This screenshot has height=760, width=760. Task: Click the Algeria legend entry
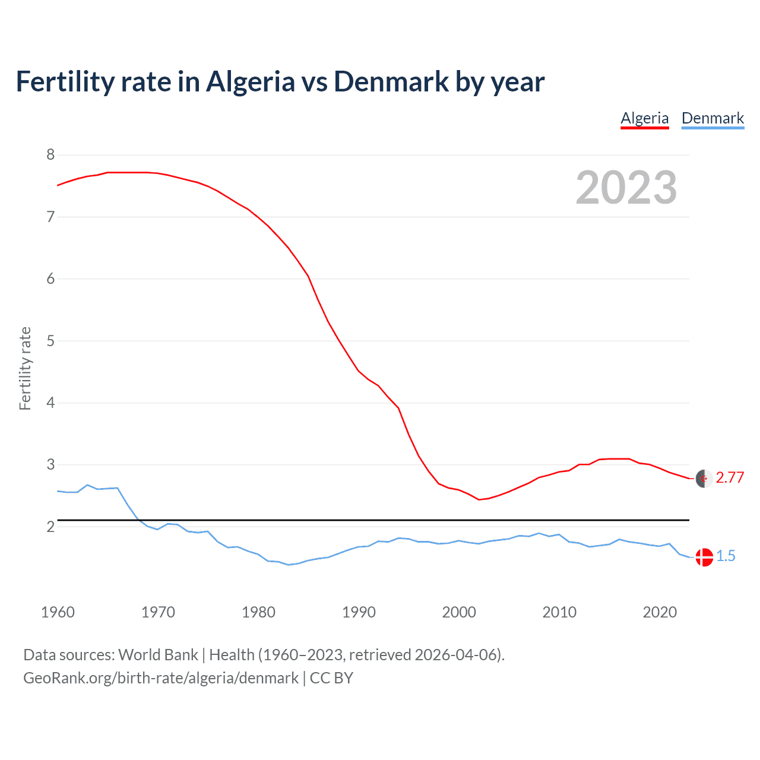[x=645, y=118]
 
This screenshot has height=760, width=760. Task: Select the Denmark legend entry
[x=712, y=118]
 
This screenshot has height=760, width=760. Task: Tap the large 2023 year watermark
[x=626, y=188]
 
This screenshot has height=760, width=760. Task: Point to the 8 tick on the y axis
[x=50, y=155]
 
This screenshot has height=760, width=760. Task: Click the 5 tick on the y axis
[x=50, y=341]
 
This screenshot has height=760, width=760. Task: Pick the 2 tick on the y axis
[x=50, y=527]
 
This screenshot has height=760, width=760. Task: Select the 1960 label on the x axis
[x=58, y=612]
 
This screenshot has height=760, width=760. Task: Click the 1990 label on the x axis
[x=359, y=612]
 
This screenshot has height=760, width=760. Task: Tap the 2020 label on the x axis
[x=660, y=612]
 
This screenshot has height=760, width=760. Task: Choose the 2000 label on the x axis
[x=459, y=612]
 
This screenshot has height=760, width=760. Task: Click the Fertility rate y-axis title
[x=25, y=368]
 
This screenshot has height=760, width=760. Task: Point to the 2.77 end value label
[x=730, y=478]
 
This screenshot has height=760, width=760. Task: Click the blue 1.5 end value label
[x=726, y=556]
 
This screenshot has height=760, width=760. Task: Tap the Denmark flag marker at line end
[x=704, y=557]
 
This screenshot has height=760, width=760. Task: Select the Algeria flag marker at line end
[x=704, y=478]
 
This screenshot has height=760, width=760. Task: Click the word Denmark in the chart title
[x=391, y=81]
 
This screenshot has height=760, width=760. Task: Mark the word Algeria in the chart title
[x=250, y=81]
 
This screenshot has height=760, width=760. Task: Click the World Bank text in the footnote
[x=158, y=655]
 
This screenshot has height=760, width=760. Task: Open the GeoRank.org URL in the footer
[x=161, y=678]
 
